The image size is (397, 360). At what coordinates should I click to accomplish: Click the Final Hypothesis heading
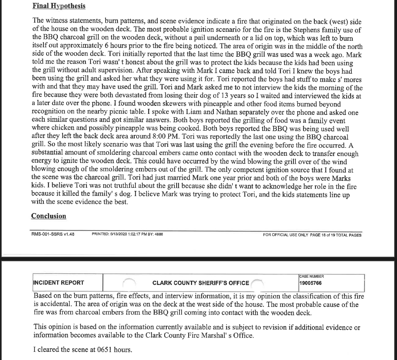point(59,6)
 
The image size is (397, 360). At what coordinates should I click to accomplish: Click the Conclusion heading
point(49,216)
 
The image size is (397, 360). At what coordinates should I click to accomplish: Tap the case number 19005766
point(310,283)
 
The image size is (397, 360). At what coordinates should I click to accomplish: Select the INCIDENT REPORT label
point(59,283)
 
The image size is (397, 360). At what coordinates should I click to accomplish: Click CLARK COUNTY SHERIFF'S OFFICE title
point(200,283)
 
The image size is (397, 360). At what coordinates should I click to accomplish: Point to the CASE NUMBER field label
point(312,277)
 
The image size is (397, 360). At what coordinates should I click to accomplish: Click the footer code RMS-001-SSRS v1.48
point(53,234)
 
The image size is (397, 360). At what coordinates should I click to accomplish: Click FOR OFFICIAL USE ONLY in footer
point(285,235)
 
